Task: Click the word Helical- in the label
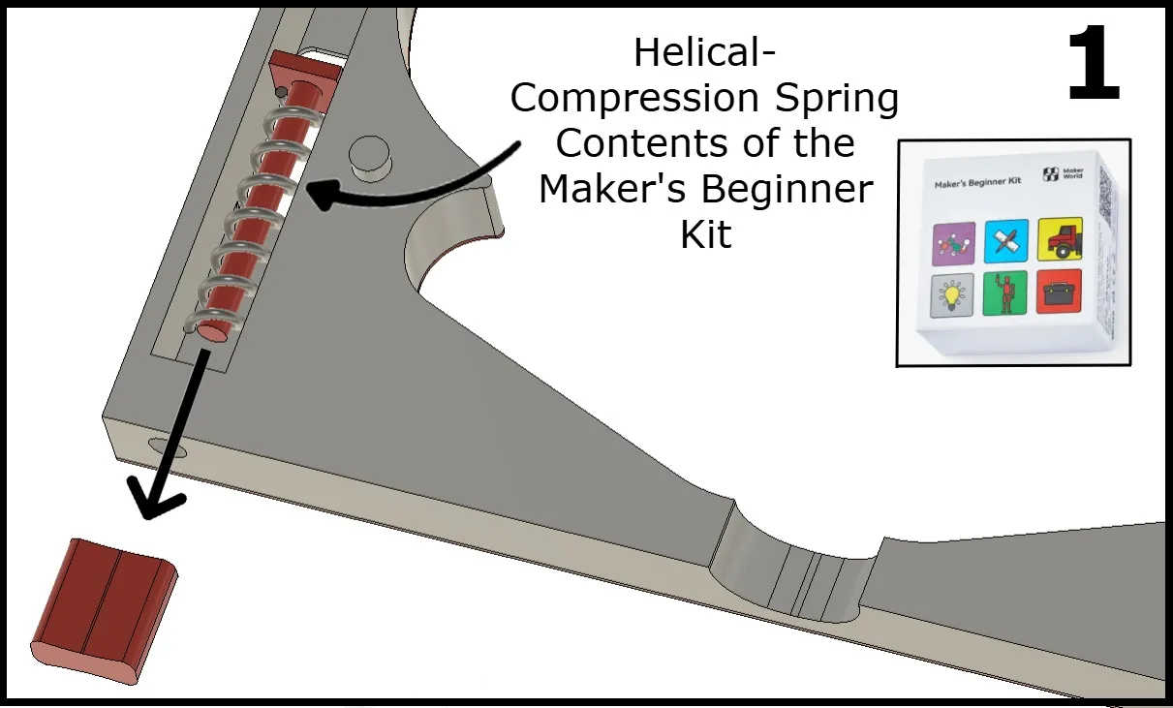click(x=704, y=53)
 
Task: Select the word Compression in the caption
click(x=634, y=100)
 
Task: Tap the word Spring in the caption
click(x=836, y=100)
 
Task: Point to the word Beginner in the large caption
click(x=787, y=189)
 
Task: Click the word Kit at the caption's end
click(x=705, y=234)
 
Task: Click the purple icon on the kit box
click(x=953, y=243)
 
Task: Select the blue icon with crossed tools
click(x=1006, y=241)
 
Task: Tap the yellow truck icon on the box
click(x=1060, y=239)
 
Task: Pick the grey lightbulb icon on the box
click(x=952, y=295)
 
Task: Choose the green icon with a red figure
click(x=1004, y=293)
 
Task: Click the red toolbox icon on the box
click(x=1059, y=292)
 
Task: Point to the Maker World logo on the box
click(x=1063, y=173)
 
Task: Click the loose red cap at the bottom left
click(x=104, y=610)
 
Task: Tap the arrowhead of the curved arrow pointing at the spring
click(x=322, y=194)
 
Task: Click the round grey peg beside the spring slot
click(x=370, y=159)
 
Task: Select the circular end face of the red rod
click(x=212, y=332)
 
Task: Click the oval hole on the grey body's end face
click(x=167, y=447)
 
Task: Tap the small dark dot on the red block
click(x=281, y=93)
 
